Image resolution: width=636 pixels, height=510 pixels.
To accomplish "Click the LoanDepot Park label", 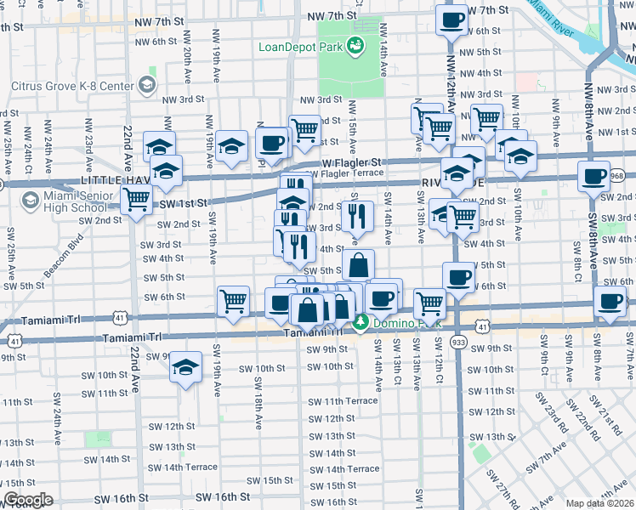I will click(x=300, y=46).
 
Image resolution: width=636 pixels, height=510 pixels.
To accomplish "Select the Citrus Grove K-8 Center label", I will click(x=72, y=86).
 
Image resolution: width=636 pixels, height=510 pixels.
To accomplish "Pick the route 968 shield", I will click(x=617, y=176).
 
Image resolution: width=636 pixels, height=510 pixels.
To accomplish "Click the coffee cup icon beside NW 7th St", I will click(x=451, y=19).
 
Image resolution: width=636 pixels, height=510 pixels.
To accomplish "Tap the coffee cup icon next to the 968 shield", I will click(x=593, y=176).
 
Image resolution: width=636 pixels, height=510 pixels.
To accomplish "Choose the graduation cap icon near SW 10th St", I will click(x=185, y=367).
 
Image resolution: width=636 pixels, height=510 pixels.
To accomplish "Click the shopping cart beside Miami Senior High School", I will click(x=136, y=201).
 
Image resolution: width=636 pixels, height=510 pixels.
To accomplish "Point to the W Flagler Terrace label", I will click(x=344, y=173).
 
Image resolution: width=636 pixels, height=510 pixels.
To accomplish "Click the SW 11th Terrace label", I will click(x=343, y=401).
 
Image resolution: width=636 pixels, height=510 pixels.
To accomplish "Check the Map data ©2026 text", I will click(x=600, y=504).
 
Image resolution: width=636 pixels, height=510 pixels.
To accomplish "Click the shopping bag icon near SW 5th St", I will click(x=358, y=264).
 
